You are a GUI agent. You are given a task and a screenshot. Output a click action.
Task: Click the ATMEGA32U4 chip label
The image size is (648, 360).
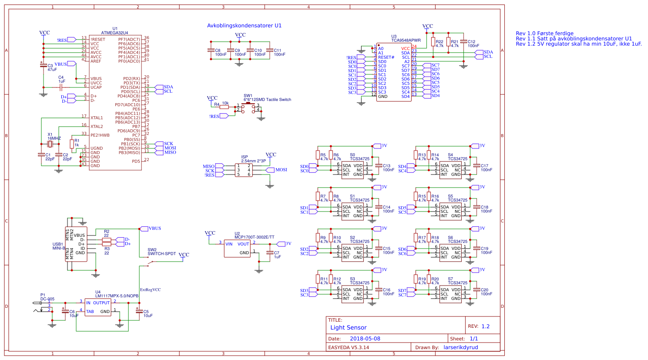tap(114, 33)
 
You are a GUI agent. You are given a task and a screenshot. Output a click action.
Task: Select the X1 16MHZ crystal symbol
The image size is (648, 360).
tap(50, 144)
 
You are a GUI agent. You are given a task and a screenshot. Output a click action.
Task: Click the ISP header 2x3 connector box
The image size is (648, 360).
tap(244, 170)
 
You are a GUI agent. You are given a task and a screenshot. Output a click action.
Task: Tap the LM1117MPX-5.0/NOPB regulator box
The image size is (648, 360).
tap(98, 307)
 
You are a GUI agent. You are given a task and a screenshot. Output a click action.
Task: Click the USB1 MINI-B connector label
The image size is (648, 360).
tap(58, 246)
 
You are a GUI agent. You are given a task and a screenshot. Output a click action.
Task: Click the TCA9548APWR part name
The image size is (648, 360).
tap(406, 40)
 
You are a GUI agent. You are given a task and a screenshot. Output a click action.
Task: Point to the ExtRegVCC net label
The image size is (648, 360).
tap(150, 289)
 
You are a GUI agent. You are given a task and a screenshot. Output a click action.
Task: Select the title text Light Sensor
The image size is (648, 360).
tap(348, 327)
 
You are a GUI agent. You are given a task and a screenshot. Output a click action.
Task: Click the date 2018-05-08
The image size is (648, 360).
tap(365, 339)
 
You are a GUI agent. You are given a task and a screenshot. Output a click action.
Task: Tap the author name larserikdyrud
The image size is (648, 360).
tap(460, 347)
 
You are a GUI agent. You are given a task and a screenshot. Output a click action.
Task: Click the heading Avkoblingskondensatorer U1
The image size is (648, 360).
tap(244, 26)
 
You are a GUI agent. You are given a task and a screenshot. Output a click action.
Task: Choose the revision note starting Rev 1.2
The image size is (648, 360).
tap(578, 44)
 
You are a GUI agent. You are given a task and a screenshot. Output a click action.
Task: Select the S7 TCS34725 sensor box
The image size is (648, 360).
tap(450, 294)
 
